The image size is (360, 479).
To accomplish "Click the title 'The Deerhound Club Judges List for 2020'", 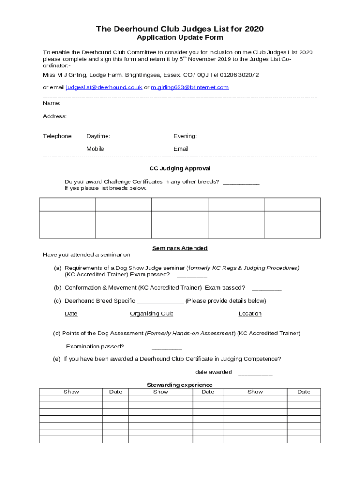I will pos(180,29).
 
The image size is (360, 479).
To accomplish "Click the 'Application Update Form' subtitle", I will pos(180,37).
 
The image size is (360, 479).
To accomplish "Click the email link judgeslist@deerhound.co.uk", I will pos(104,87).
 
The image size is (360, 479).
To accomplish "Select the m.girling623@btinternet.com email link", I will pos(190,87).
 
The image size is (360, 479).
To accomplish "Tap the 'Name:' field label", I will pos(51,103).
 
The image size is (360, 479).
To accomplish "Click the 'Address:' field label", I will pos(55,116).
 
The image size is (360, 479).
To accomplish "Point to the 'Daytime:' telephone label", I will pos(98,136).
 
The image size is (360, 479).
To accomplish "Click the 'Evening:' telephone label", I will pos(185,136).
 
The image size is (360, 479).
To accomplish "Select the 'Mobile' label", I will pos(95,149).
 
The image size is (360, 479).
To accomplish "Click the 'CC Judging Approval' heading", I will pos(180,168).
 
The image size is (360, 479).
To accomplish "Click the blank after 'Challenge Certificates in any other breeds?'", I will pos(241,182).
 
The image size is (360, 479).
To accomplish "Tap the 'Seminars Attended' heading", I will pos(180,248).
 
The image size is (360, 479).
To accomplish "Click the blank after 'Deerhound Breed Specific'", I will pos(160,301).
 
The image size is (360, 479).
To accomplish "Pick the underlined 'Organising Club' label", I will pos(151,314).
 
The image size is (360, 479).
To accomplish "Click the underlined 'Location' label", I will pos(250,314).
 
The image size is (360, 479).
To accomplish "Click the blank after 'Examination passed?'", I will pos(167,347).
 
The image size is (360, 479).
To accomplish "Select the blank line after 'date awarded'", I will pos(255,373).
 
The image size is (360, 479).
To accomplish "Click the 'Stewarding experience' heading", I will pos(180,385).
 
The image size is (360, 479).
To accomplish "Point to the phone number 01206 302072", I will pos(242,75).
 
